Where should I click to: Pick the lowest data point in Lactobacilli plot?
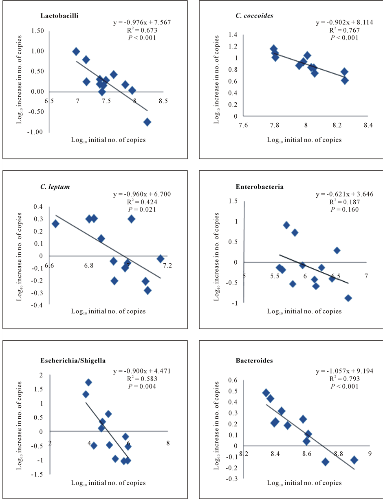147,122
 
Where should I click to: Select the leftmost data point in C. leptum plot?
55,224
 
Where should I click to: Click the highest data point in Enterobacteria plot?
286,225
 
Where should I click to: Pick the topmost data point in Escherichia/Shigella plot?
88,382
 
